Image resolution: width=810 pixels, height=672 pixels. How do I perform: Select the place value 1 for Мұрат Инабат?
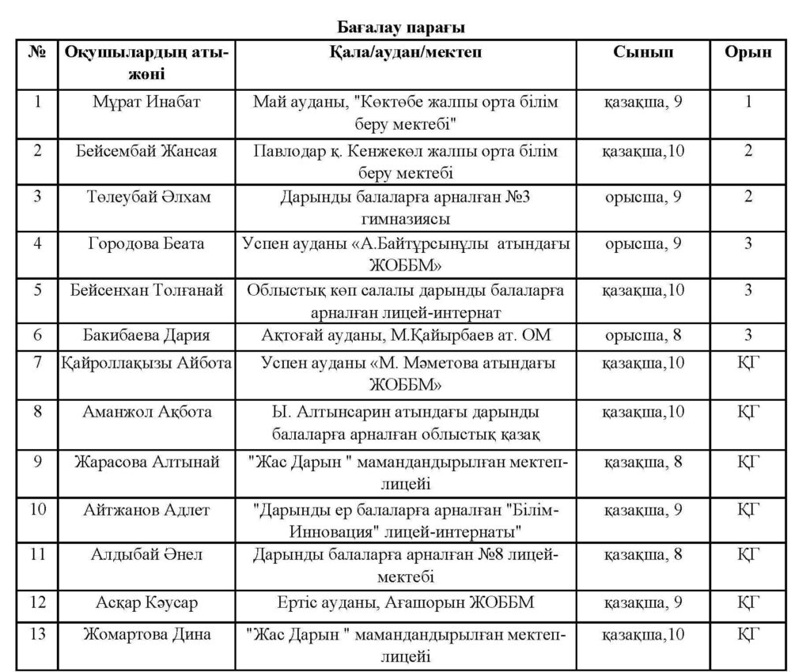click(x=748, y=102)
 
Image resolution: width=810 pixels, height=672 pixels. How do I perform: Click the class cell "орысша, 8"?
click(x=643, y=335)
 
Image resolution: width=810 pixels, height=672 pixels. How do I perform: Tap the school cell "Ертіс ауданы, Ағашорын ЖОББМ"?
click(x=406, y=604)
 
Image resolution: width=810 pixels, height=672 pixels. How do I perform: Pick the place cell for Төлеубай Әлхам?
click(x=748, y=196)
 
